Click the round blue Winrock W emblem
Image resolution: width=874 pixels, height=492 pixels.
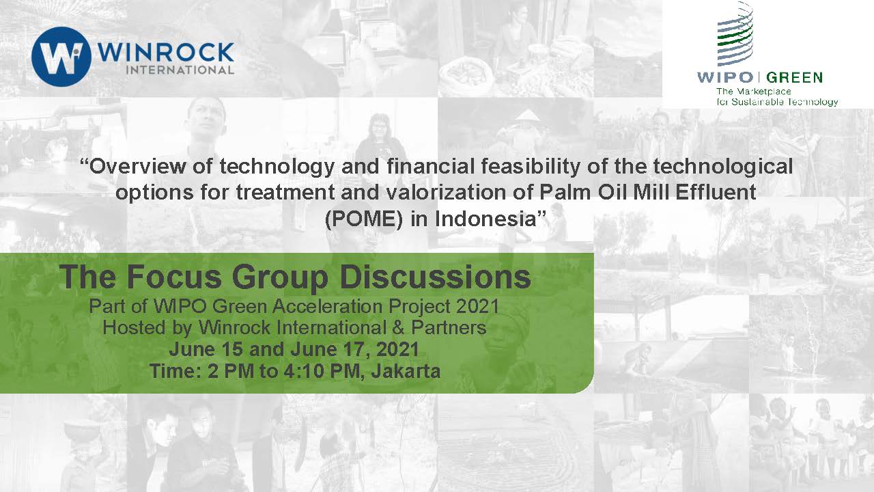tap(61, 57)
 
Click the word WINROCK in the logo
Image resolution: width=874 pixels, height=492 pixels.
tap(165, 53)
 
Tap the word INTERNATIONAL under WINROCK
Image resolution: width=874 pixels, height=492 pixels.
tap(180, 70)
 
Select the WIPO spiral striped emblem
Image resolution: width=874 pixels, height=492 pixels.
tap(735, 34)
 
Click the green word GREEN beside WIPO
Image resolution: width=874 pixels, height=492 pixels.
tap(794, 77)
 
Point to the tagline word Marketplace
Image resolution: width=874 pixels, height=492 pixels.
tap(763, 92)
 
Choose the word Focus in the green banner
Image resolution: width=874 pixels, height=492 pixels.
tap(174, 277)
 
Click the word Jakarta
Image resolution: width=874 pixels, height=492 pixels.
tap(406, 370)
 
